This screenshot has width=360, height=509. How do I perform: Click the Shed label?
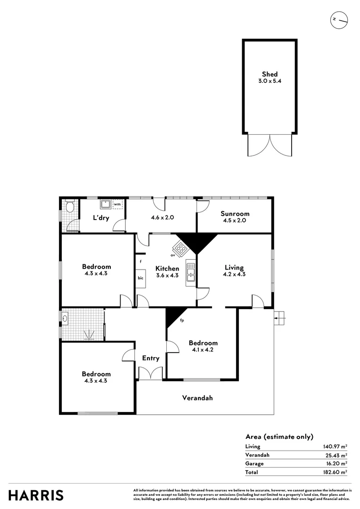coord(270,74)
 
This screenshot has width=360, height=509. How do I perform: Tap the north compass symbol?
coord(339,20)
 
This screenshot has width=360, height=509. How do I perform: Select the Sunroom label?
coord(235,213)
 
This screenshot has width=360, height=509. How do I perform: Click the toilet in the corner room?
coord(70,206)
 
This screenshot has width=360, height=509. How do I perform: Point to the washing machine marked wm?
coord(117,205)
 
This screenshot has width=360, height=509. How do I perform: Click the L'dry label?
coord(101,218)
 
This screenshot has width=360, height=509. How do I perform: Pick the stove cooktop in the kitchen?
coord(180,246)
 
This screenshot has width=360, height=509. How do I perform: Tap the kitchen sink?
coord(190,272)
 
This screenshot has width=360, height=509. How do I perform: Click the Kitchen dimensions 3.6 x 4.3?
coord(167,276)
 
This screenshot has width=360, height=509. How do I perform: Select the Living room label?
coord(234,267)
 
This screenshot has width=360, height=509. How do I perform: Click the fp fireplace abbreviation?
coord(182,321)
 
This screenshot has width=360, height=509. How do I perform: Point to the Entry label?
coord(151,358)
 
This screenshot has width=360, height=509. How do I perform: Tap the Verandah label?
coord(197,398)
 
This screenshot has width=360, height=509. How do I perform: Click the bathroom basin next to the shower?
coord(65,318)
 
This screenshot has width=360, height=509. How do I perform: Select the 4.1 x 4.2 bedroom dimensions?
coord(203,350)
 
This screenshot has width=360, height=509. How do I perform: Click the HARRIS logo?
coord(36,495)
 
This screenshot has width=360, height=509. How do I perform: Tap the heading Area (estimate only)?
coord(279,436)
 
